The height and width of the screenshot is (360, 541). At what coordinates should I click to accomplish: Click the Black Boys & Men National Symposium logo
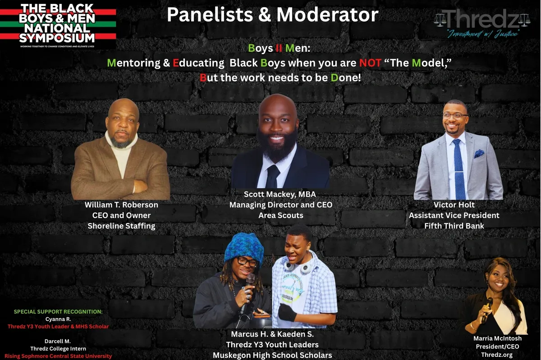tap(58, 25)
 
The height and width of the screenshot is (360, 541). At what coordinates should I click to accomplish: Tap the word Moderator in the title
tap(327, 15)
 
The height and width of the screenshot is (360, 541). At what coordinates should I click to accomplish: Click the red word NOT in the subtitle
tap(370, 63)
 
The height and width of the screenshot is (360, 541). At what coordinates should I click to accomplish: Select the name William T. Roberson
tap(121, 205)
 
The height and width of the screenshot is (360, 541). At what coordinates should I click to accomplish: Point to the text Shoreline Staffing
tap(121, 226)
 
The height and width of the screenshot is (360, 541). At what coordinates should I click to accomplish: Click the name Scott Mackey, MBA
tap(280, 194)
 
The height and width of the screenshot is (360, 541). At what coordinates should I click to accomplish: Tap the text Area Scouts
tap(280, 215)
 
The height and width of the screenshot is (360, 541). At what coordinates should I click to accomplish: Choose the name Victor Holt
tap(454, 205)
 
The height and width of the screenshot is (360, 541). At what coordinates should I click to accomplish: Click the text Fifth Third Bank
tap(454, 226)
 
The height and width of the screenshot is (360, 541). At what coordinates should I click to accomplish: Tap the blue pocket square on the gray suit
tap(479, 154)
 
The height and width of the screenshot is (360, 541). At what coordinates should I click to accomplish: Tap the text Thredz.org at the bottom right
tap(496, 355)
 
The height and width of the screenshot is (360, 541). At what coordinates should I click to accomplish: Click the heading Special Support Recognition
tap(58, 312)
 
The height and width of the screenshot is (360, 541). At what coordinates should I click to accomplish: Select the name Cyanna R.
tap(58, 319)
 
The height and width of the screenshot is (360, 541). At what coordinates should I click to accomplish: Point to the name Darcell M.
tap(58, 341)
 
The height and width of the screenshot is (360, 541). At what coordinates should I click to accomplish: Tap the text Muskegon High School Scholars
tap(272, 355)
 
